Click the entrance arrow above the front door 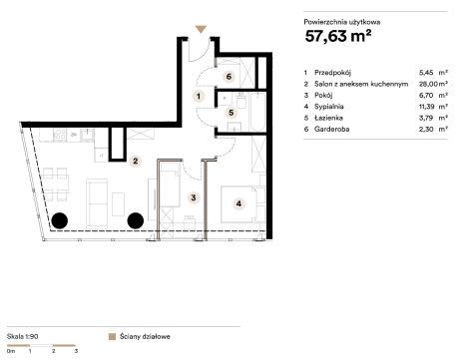(x=201, y=29)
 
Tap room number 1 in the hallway (x=199, y=97)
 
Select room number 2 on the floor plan (x=136, y=162)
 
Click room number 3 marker (x=194, y=197)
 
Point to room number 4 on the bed (x=238, y=203)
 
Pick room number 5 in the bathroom (x=232, y=113)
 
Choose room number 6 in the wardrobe (x=229, y=77)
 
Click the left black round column (x=60, y=220)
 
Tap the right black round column (x=136, y=220)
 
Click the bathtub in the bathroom (x=257, y=112)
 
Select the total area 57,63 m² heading (x=338, y=36)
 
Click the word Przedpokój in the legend (x=333, y=73)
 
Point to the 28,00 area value (x=427, y=84)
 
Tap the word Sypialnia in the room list (x=329, y=107)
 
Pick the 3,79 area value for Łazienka (x=426, y=118)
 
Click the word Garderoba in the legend (x=332, y=129)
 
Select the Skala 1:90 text (x=23, y=336)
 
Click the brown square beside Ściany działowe (x=113, y=337)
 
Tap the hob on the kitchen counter (x=60, y=135)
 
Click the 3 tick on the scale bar (x=76, y=350)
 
